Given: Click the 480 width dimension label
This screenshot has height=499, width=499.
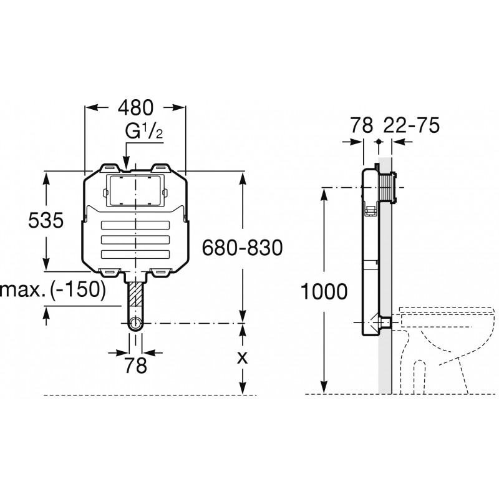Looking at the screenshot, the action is click(x=135, y=107).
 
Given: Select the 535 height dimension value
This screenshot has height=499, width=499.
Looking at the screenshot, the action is click(x=46, y=220).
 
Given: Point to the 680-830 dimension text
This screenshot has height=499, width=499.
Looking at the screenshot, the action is click(x=243, y=248).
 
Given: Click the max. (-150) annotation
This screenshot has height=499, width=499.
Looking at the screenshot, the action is click(x=53, y=290).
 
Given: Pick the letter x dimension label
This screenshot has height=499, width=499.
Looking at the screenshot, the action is click(x=243, y=358).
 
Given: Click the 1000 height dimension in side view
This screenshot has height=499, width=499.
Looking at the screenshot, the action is click(x=324, y=291).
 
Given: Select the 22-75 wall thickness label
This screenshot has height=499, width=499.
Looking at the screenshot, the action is click(x=412, y=125).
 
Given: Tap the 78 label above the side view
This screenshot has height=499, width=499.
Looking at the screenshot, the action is click(x=362, y=125).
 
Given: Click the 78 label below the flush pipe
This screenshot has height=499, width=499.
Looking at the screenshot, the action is click(x=135, y=366).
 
